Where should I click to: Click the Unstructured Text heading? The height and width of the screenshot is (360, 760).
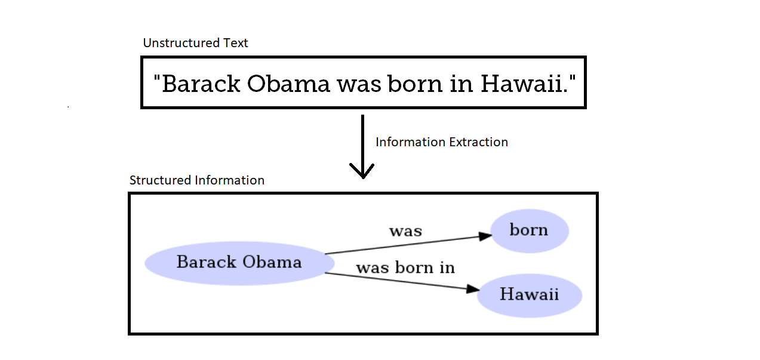(195, 43)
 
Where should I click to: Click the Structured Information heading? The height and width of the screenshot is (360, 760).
(196, 180)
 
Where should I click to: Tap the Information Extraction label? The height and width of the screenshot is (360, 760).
(441, 142)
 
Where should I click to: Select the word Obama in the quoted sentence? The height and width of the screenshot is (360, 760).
(288, 84)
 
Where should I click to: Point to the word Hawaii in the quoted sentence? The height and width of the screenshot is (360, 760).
(521, 84)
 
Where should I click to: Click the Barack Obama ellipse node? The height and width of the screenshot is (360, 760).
(239, 263)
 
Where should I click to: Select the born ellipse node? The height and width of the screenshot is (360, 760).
(529, 230)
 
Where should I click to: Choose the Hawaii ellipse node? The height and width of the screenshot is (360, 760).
(529, 294)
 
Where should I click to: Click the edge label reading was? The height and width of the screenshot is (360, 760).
(405, 231)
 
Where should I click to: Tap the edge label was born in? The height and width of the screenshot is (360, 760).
(405, 268)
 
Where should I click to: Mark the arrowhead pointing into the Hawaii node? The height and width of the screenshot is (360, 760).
(472, 290)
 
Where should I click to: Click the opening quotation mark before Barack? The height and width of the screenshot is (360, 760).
(156, 79)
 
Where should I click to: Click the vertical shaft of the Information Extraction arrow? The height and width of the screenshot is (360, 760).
(362, 140)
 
